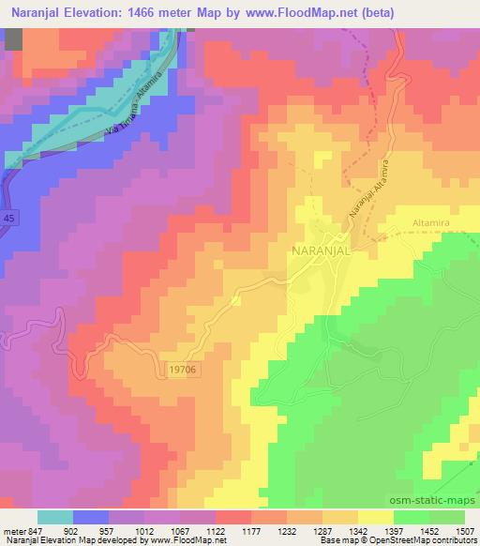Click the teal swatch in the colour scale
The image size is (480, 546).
55,516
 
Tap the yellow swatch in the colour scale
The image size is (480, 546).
376,516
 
